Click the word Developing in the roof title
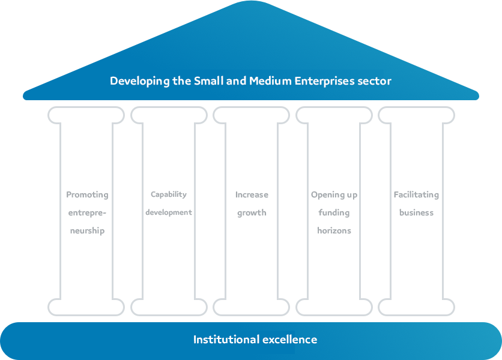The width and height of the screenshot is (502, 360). (138, 81)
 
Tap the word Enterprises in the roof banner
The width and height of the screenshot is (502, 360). (325, 81)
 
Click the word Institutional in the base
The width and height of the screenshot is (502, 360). (226, 340)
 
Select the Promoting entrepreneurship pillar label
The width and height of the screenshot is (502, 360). (87, 212)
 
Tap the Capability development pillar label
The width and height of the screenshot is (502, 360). (169, 203)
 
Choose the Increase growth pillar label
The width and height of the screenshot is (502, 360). (252, 203)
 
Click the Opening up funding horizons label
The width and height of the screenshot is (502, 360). (334, 212)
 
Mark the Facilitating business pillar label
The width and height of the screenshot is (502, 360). (416, 203)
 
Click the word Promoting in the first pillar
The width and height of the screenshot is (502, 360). (87, 194)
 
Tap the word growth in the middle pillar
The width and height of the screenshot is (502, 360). (252, 212)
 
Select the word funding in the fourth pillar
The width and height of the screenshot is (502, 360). (334, 212)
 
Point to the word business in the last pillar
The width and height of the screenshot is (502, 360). (416, 212)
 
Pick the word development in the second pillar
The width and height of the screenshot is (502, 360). (169, 212)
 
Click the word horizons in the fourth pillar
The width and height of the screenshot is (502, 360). (334, 230)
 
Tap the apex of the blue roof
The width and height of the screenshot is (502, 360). (251, 3)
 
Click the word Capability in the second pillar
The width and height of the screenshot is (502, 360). (169, 194)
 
